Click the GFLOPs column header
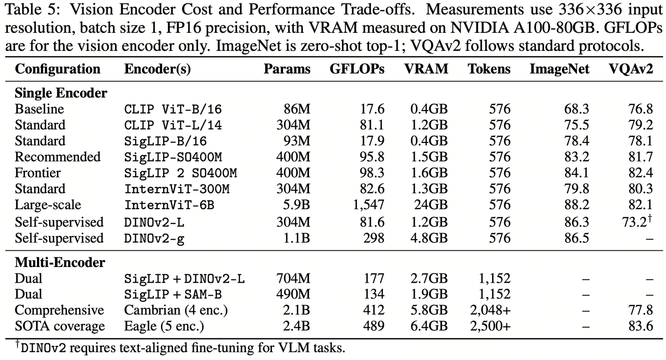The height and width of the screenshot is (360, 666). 357,69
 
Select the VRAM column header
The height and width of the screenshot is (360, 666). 426,69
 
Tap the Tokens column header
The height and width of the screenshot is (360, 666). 489,69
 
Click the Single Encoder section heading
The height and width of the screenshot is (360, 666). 61,93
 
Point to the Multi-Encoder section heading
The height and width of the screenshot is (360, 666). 60,262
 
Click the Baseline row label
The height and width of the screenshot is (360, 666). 39,109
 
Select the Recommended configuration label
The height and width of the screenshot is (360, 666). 58,157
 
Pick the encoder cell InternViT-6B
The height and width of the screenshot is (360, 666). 169,205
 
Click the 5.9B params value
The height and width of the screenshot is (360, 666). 296,205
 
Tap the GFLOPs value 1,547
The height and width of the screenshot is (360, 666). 369,205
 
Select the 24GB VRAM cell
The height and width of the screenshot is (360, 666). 431,205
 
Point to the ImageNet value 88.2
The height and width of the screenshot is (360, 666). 576,205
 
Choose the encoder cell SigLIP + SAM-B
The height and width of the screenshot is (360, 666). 173,295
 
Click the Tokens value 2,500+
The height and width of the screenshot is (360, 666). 490,326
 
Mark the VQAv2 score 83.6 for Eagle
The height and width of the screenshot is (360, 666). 641,326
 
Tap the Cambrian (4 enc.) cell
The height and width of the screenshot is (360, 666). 176,310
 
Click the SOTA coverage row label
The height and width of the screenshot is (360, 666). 60,326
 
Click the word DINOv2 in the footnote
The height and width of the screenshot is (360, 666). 43,348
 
